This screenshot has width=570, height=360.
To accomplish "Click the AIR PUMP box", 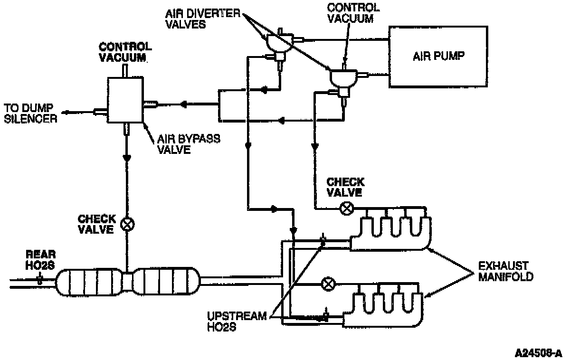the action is [x=438, y=57].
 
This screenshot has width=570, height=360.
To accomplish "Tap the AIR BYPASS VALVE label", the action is [x=189, y=144].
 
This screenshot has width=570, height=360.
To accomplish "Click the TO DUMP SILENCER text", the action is [x=30, y=114].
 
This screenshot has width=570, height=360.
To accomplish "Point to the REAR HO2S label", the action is [x=40, y=260].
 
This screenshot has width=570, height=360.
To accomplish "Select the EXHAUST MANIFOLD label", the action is [x=505, y=271].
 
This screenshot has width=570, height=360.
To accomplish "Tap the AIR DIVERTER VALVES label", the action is [x=203, y=19].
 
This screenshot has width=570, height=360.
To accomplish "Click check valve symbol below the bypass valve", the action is [x=127, y=224].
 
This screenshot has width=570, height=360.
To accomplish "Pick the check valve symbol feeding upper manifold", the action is [x=347, y=208].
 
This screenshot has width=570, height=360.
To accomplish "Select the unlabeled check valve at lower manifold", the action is [x=328, y=284].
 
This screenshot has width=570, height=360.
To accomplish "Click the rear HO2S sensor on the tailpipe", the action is [x=40, y=279].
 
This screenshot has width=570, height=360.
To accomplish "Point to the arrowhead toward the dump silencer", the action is [x=66, y=113].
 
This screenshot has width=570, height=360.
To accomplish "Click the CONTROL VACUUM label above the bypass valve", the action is [x=125, y=52].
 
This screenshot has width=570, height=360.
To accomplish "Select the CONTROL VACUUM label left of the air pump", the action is [x=353, y=13].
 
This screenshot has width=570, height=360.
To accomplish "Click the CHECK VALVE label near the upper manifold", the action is [x=345, y=187].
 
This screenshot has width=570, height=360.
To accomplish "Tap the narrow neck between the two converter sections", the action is [x=127, y=282].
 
